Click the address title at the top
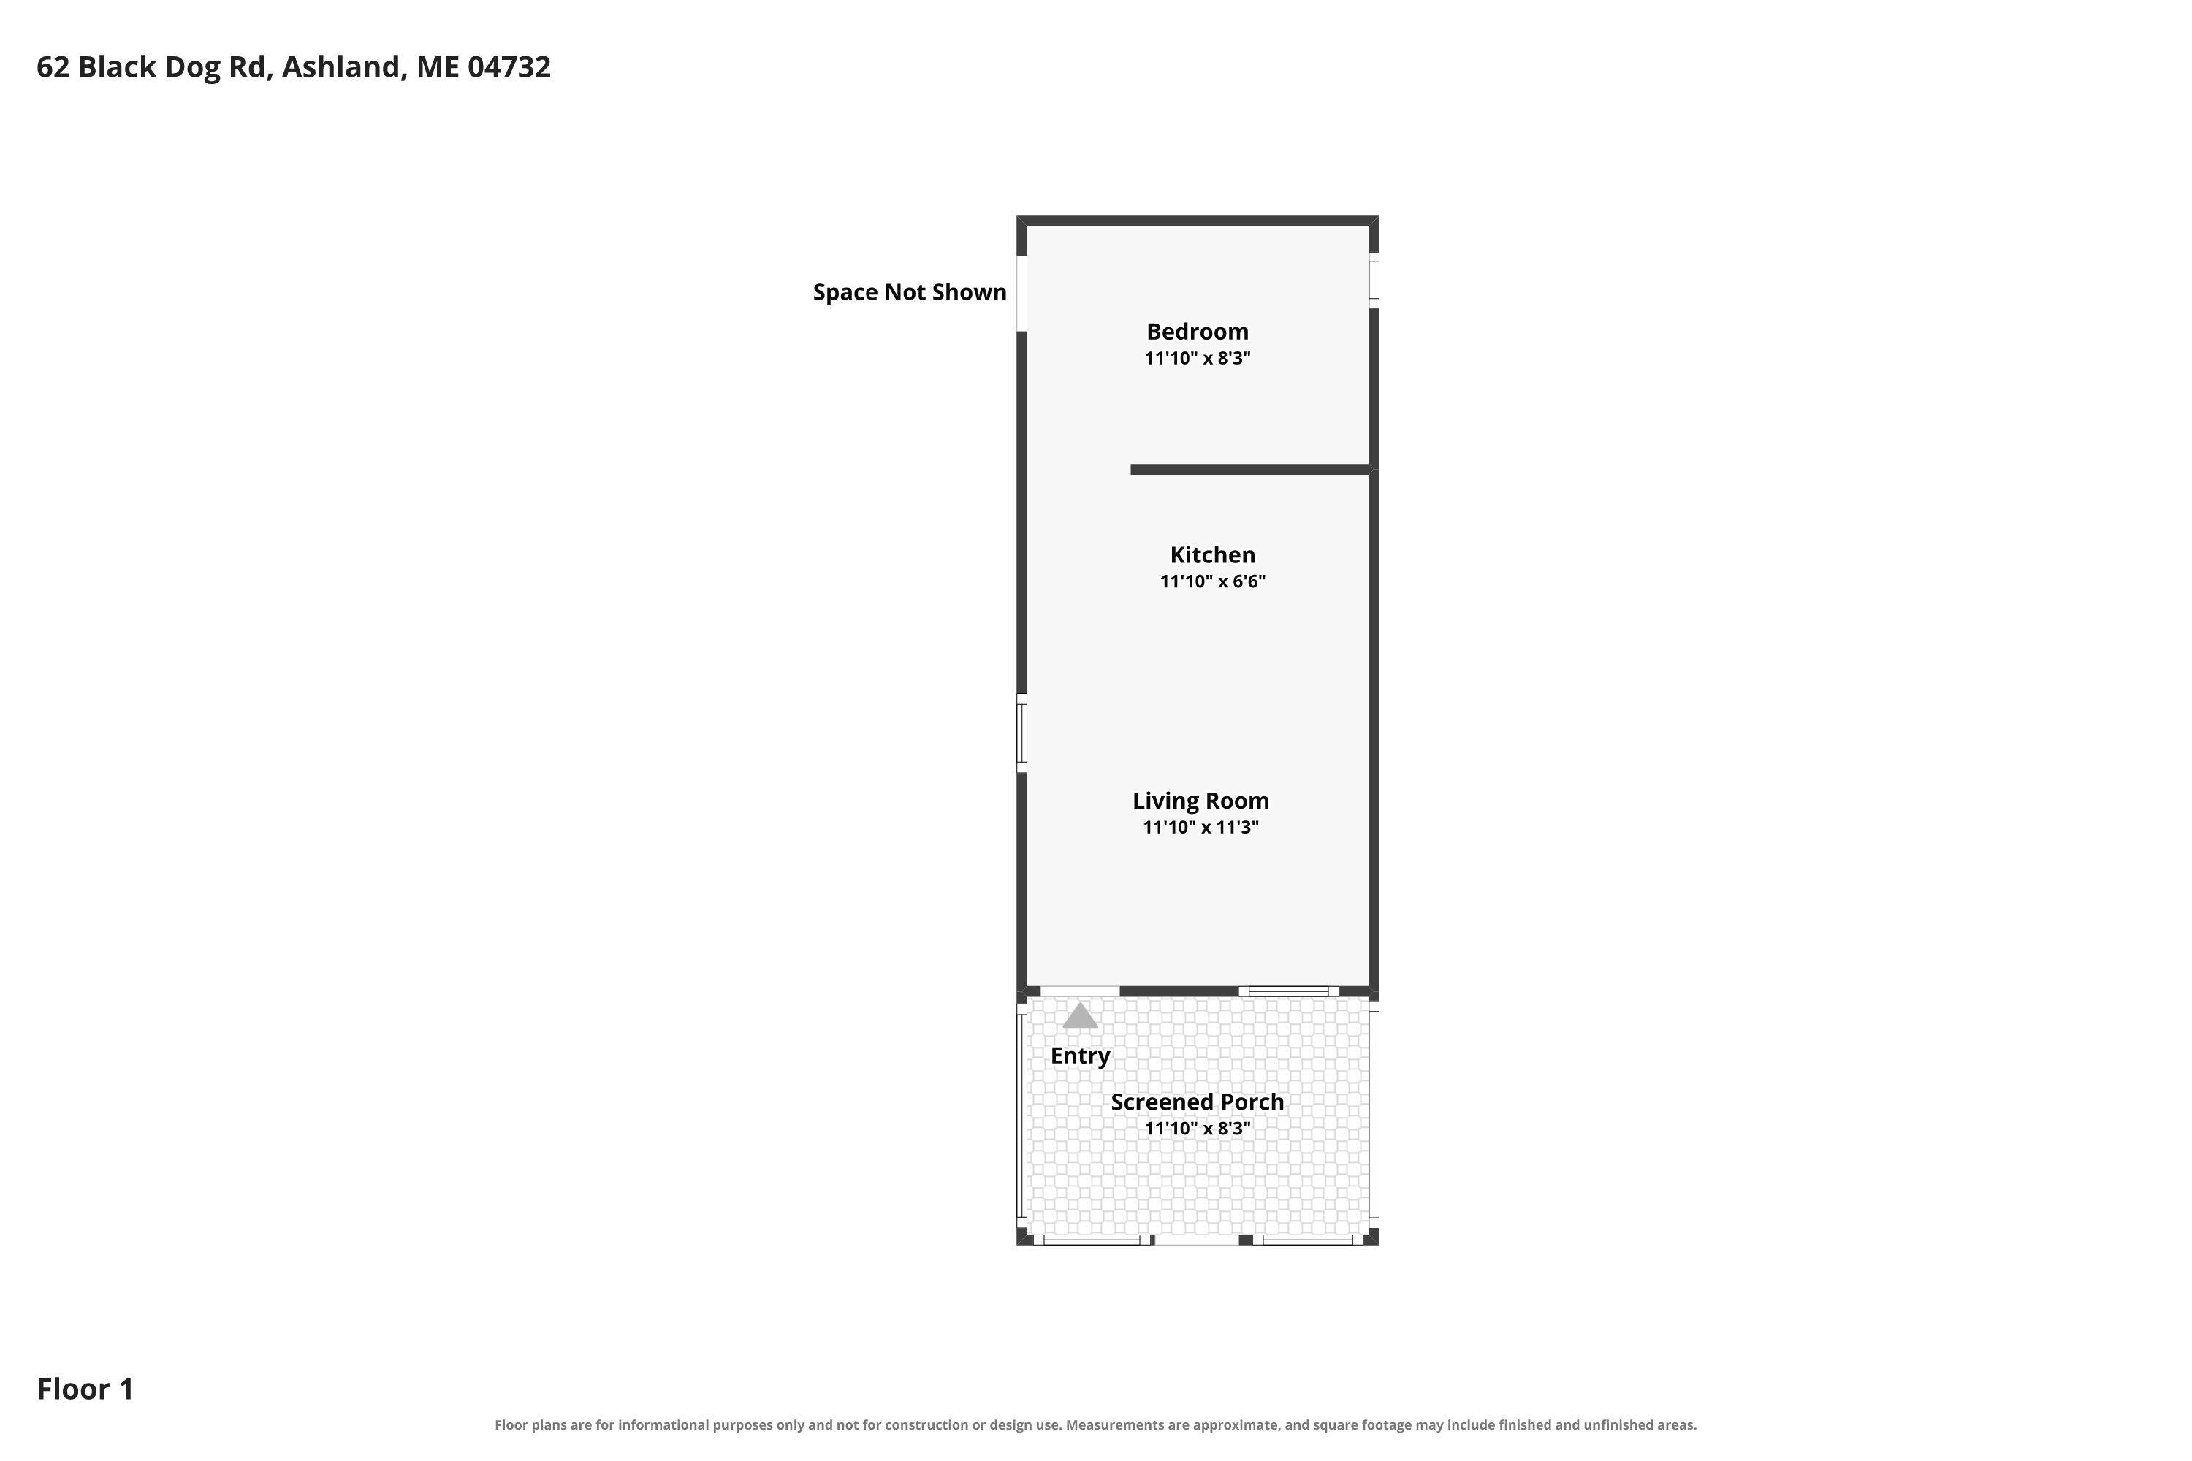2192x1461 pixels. click(x=294, y=67)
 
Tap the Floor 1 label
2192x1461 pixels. click(x=85, y=1389)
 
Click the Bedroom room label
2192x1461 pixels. click(x=1198, y=332)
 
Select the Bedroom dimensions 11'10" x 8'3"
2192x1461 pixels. click(x=1198, y=358)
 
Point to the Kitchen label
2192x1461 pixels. click(x=1212, y=555)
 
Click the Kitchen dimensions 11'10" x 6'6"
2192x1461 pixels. click(x=1212, y=581)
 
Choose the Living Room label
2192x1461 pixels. click(x=1200, y=801)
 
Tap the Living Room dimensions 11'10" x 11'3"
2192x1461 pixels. click(x=1200, y=828)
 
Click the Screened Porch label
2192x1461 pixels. click(x=1198, y=1102)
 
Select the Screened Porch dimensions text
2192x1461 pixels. click(x=1198, y=1129)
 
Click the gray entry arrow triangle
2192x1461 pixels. click(x=1080, y=1015)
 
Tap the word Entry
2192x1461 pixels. click(x=1080, y=1056)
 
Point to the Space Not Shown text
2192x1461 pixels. click(x=910, y=293)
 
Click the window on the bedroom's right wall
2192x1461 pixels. click(x=1374, y=280)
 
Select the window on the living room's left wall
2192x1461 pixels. click(x=1021, y=733)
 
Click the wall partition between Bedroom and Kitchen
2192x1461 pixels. click(x=1249, y=470)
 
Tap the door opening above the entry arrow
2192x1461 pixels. click(x=1079, y=991)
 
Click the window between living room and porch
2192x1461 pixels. click(x=1289, y=991)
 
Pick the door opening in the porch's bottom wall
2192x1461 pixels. click(x=1198, y=1239)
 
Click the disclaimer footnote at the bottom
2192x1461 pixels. click(x=1096, y=1424)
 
